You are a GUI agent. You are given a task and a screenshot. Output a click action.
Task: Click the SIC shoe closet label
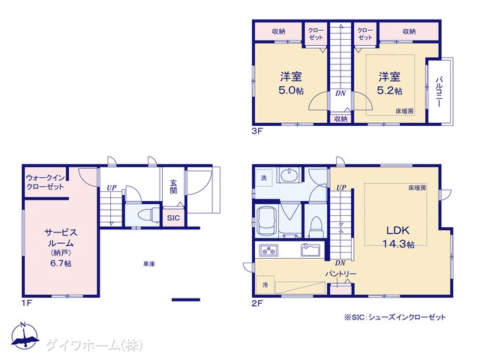173,218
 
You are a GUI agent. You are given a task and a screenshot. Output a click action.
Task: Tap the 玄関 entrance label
173,187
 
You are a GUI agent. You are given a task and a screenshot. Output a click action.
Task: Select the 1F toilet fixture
148,214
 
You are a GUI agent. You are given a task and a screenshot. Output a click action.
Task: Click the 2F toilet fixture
316,226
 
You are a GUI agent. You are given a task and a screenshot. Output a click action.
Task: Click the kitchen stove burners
268,250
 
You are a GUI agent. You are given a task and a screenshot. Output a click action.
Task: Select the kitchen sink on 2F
310,250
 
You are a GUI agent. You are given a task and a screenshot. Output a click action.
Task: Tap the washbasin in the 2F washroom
288,175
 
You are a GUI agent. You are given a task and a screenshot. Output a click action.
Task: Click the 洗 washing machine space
264,178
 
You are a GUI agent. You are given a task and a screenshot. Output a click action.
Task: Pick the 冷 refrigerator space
265,285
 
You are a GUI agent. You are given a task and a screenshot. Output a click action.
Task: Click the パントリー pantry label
340,273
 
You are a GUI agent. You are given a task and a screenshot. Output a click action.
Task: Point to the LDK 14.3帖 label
398,237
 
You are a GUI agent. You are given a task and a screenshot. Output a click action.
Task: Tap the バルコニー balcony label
439,91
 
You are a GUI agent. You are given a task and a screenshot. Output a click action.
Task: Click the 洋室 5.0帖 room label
291,83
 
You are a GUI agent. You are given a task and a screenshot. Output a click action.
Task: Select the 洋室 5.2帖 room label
389,83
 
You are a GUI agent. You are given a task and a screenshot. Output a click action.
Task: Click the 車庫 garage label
149,263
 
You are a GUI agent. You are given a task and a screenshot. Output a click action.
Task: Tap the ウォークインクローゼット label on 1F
45,182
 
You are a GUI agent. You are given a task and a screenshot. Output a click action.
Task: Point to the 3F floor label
257,131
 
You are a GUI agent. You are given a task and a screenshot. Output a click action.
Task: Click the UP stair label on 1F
112,187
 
